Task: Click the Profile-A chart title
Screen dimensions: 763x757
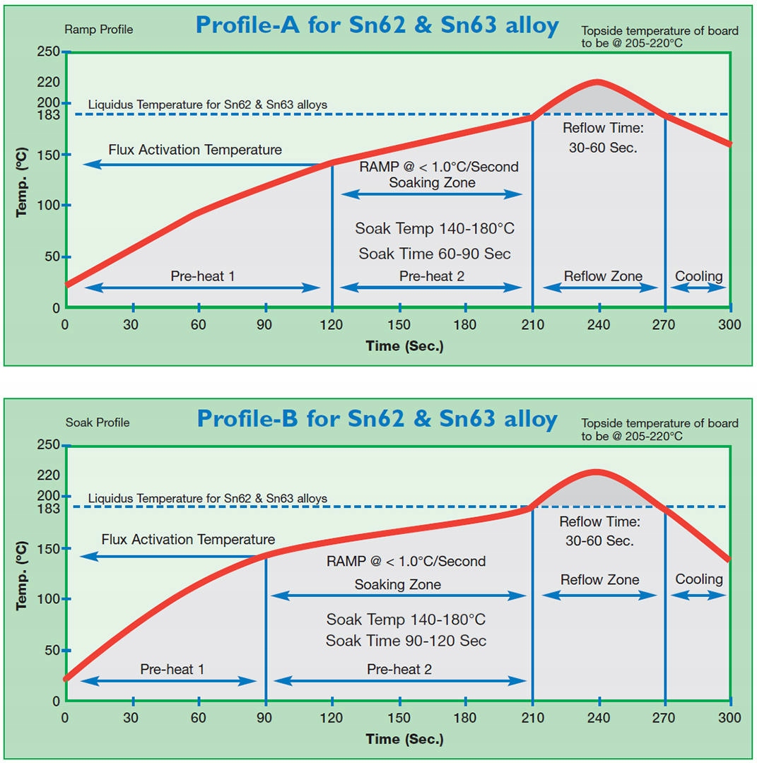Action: pos(377,25)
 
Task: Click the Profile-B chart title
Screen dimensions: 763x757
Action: pos(377,418)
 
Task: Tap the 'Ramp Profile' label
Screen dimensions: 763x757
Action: pos(98,30)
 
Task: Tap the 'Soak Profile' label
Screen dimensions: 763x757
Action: pos(98,422)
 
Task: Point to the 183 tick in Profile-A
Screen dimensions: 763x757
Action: pos(49,114)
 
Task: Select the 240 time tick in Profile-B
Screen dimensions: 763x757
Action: pos(599,718)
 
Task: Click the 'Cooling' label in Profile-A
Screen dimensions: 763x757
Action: pos(698,276)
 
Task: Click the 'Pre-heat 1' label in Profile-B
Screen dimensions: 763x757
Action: pos(172,669)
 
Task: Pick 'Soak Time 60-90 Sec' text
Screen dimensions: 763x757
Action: pos(434,254)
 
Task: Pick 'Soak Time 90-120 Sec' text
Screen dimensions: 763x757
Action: pos(406,641)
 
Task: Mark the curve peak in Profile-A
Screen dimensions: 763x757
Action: pos(598,82)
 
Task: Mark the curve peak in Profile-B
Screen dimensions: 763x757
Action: pos(596,471)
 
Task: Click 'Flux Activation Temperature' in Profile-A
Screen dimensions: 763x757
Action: pos(195,150)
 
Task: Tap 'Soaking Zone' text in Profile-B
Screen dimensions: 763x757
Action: pos(397,584)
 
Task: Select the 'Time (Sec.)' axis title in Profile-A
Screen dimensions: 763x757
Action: pos(404,346)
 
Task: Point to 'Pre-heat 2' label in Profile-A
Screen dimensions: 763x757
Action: pos(431,276)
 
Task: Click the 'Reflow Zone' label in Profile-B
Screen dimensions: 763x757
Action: pos(599,580)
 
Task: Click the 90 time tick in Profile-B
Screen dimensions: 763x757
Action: pos(266,718)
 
